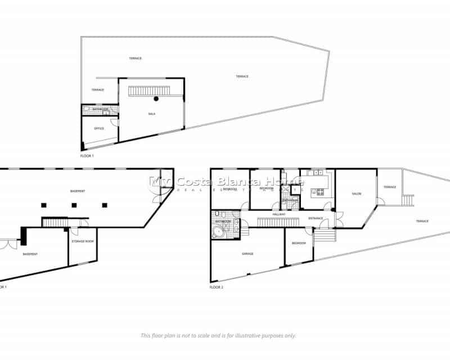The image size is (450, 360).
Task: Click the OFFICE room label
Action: point(99,129)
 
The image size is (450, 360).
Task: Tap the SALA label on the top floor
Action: point(151,114)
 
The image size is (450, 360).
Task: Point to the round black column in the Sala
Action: point(156,99)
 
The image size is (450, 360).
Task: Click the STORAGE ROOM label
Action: point(82,242)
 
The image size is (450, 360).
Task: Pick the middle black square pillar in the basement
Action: point(74,205)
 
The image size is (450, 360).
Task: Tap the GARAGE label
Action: point(247,254)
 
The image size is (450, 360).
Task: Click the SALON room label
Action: point(357,194)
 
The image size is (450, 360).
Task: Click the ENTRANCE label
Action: point(316,218)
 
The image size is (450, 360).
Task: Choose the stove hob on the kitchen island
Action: point(320,191)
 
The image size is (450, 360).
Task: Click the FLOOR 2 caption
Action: point(217,287)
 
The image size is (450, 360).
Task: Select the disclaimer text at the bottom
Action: point(218,335)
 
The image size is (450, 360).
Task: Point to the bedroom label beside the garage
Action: point(299,243)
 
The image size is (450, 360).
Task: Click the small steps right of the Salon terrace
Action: point(409,200)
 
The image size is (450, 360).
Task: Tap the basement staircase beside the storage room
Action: point(55,223)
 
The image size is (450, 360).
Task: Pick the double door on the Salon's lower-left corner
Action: point(340,217)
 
